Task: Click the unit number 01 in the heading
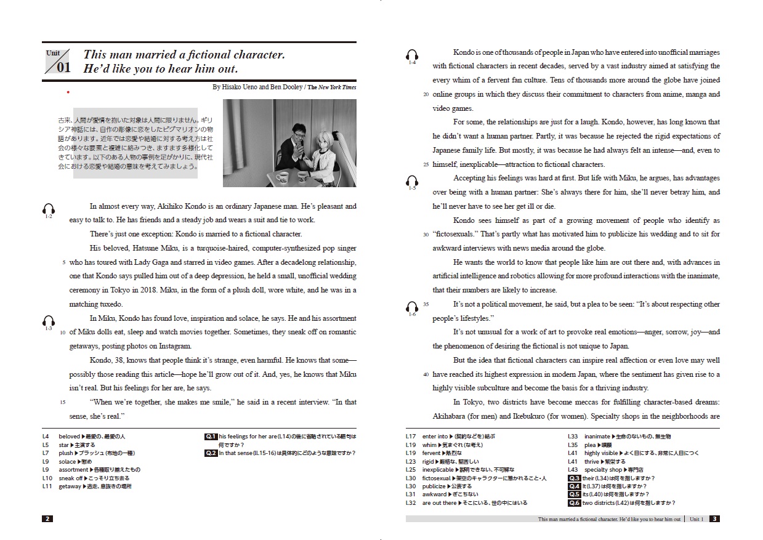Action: [x=63, y=67]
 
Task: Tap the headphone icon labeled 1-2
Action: [x=49, y=209]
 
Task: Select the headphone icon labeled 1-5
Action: [x=412, y=181]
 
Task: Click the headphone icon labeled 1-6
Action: [x=412, y=307]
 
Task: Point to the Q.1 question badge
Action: [x=211, y=437]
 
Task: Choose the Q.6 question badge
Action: [x=574, y=503]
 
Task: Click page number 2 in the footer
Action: [x=47, y=518]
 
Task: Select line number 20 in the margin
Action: [x=426, y=95]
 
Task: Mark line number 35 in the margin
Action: [x=426, y=304]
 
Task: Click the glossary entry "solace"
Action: [x=67, y=461]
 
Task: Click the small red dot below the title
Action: [x=68, y=92]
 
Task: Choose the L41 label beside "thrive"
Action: [x=572, y=461]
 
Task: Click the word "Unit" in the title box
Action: [x=53, y=53]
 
